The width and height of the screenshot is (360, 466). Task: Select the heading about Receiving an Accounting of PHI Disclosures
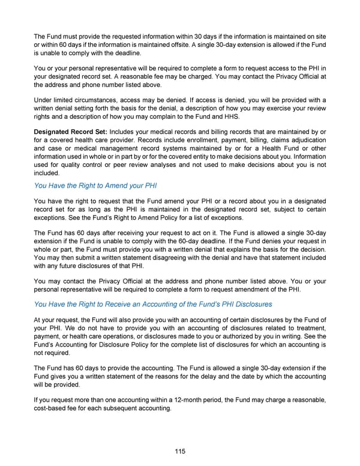pos(153,303)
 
